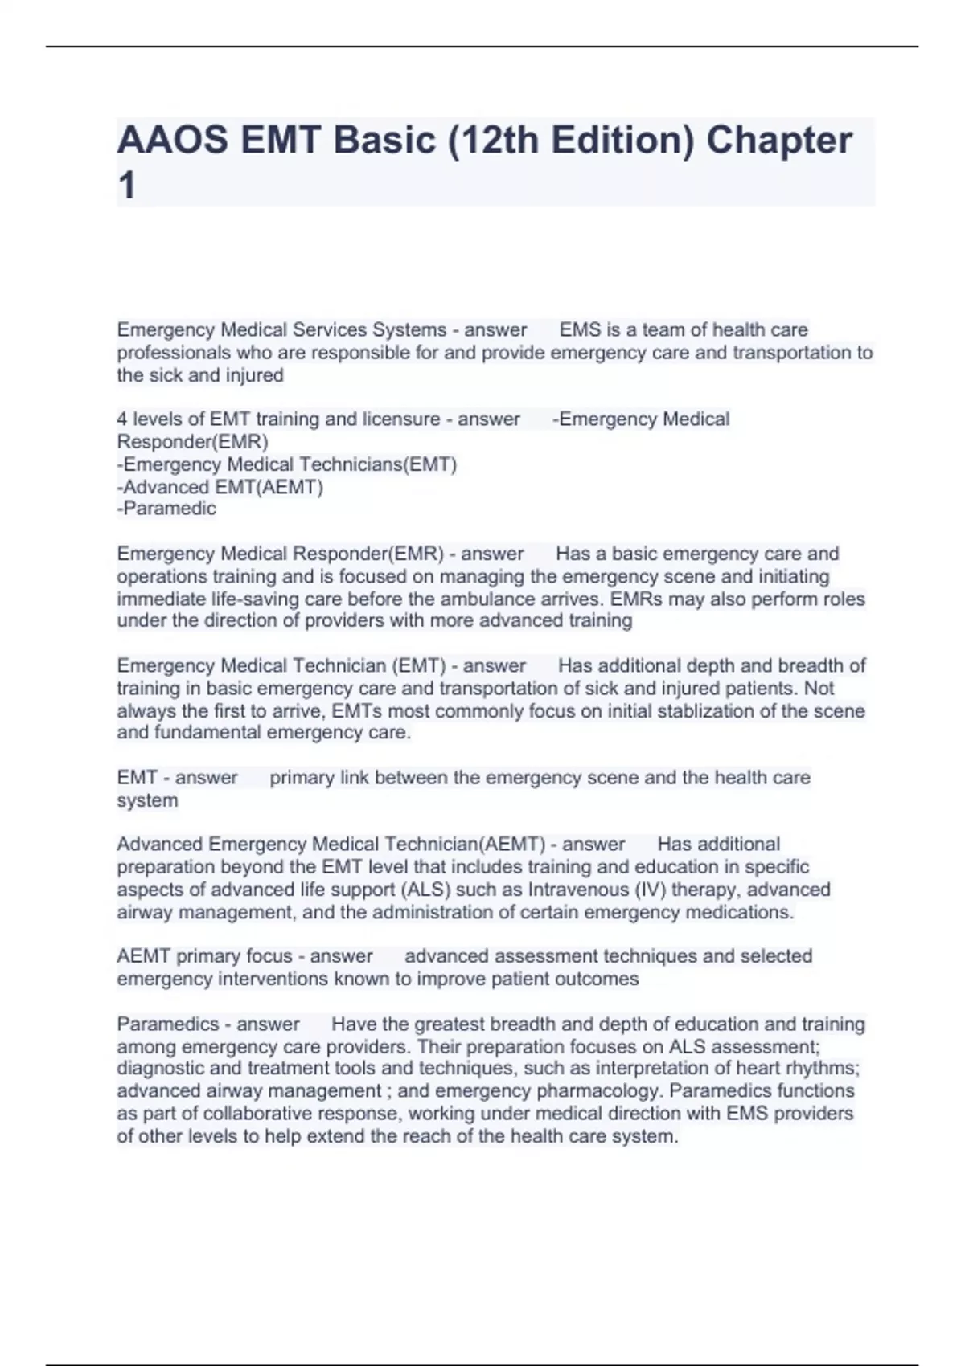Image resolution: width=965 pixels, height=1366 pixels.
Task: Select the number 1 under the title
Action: [127, 186]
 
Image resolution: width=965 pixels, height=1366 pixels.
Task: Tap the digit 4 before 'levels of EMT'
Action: [122, 419]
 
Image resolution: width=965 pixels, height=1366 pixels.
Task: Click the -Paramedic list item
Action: [166, 509]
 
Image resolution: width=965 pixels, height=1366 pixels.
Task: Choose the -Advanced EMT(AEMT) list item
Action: [220, 487]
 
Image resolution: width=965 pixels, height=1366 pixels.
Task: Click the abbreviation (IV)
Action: [650, 890]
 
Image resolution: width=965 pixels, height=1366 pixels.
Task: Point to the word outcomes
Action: [601, 980]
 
